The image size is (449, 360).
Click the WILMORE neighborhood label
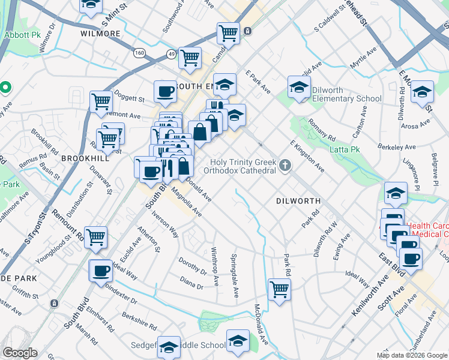[100, 34]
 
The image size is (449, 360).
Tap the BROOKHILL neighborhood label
[85, 158]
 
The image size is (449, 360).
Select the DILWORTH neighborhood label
[298, 200]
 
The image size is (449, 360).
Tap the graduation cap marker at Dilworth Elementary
[299, 88]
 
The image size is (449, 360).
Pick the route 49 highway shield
[171, 55]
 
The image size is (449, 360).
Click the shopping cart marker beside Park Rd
[279, 290]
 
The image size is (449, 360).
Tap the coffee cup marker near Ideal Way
[101, 271]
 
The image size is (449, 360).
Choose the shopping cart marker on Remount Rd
[96, 238]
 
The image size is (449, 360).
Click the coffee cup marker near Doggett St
[165, 92]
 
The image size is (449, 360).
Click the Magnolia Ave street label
[187, 203]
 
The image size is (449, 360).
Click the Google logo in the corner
[20, 353]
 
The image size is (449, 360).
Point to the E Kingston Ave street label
[307, 157]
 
